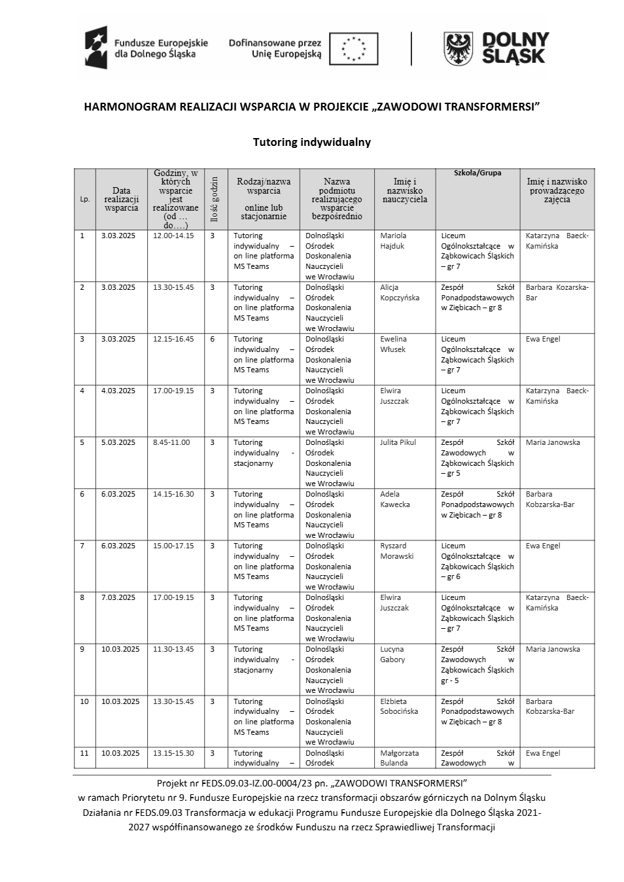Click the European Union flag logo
[x=353, y=49]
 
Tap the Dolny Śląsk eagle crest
[x=459, y=49]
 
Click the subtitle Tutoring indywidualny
[x=312, y=142]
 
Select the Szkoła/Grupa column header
[x=477, y=173]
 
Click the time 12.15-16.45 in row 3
[x=173, y=339]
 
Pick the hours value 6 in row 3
[x=213, y=339]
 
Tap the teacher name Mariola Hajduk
[x=393, y=241]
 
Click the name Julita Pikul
[x=398, y=442]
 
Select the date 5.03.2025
[x=118, y=442]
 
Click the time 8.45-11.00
[x=171, y=442]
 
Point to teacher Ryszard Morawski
[x=396, y=551]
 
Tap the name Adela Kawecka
[x=395, y=499]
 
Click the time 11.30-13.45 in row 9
[x=173, y=649]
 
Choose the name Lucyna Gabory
[x=392, y=654]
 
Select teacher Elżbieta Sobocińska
[x=398, y=706]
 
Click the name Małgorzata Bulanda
[x=399, y=758]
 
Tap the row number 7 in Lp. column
[x=82, y=546]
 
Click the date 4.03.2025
[x=118, y=391]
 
